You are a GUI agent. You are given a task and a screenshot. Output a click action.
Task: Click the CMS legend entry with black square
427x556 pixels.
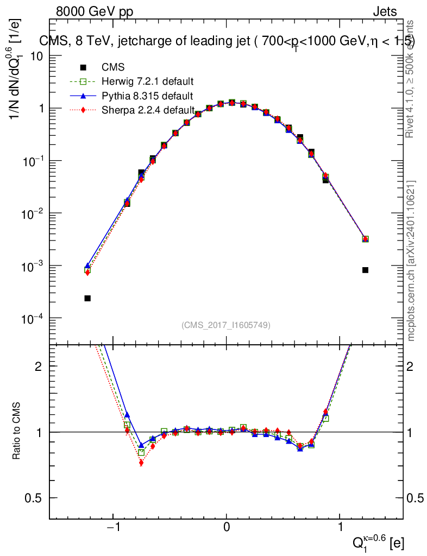113,68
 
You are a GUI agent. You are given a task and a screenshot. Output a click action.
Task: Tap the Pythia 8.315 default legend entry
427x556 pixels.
147,96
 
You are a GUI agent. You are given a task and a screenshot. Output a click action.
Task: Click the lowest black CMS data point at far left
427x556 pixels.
87,298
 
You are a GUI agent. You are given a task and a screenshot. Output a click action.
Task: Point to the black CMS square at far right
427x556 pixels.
365,270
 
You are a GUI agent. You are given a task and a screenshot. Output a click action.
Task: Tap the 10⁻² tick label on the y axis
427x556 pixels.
33,214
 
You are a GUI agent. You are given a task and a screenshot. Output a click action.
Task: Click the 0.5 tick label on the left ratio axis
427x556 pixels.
35,498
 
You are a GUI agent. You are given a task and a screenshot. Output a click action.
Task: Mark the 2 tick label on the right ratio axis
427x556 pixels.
412,367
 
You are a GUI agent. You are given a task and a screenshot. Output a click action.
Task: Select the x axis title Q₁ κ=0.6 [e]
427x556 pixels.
377,541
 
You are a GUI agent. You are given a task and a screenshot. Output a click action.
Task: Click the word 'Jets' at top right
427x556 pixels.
384,11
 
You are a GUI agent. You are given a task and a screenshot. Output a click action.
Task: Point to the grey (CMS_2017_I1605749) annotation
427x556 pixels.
226,325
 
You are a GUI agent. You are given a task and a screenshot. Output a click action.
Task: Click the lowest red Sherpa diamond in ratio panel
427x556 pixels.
141,463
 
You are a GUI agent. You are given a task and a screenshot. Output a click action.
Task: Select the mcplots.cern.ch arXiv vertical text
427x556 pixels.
412,261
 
